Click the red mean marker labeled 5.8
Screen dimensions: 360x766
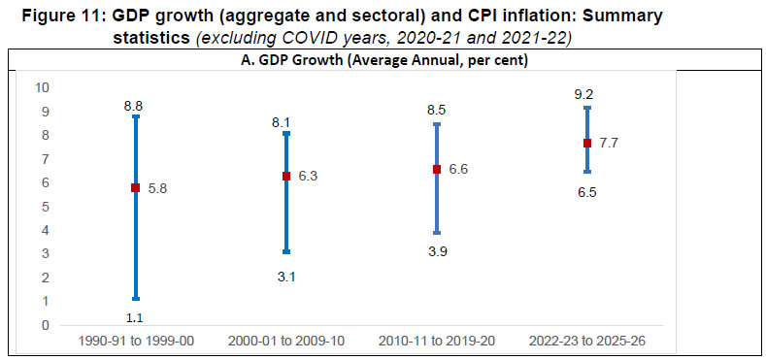137,187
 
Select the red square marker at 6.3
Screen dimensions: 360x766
286,176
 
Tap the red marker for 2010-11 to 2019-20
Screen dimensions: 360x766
437,169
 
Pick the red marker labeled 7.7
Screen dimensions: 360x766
586,143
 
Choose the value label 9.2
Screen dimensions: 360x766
586,93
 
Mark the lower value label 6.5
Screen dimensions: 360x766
586,192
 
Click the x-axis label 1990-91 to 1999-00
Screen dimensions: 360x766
137,344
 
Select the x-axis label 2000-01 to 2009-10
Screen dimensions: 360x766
286,344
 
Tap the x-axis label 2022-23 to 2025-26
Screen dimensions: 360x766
586,344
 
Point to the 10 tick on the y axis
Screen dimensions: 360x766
41,87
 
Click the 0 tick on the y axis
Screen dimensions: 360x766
44,325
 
